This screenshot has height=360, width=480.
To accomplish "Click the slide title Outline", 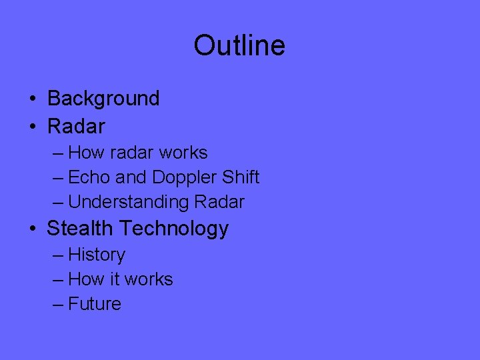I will click(239, 46).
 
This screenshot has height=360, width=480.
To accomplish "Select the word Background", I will click(103, 99).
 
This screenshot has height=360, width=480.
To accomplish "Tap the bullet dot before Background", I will click(33, 99).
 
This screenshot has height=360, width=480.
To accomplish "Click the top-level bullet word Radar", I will click(76, 125).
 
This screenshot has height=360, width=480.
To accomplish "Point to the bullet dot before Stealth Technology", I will click(33, 229).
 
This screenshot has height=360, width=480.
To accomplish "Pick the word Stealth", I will click(79, 229).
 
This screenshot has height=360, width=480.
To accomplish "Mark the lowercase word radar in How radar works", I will click(130, 153).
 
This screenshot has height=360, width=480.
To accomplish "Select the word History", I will click(97, 255).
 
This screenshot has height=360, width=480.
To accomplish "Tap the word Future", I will click(95, 304).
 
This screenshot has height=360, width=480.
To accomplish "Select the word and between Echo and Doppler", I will click(131, 177).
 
